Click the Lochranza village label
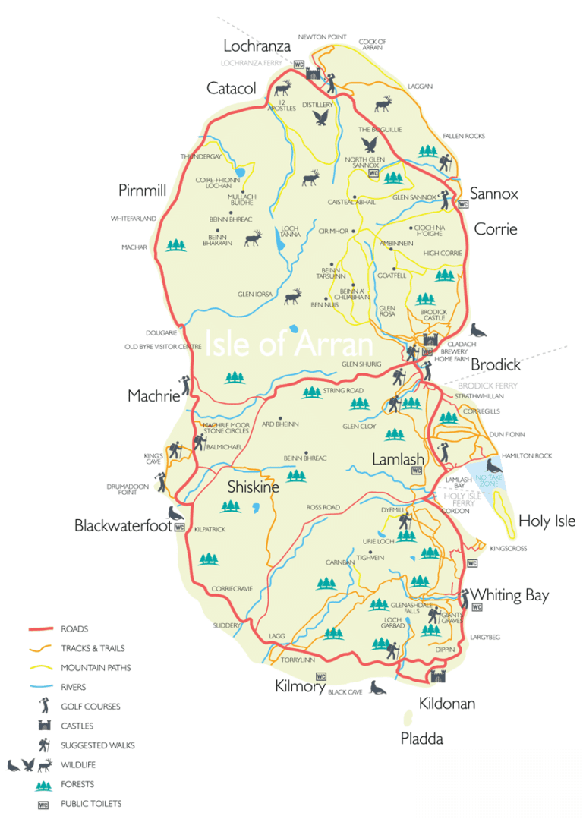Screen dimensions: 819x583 [x=257, y=46]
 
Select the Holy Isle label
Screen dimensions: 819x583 [x=547, y=521]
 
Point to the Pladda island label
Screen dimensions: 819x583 [x=421, y=738]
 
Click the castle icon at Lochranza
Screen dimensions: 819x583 [x=311, y=74]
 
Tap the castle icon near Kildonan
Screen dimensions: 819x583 [x=437, y=675]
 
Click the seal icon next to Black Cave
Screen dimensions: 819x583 [x=377, y=688]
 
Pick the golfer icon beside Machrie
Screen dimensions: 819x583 [x=184, y=385]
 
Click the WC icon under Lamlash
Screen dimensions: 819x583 [x=416, y=471]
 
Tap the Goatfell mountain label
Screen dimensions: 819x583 [x=392, y=276]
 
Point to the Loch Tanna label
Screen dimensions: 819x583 [x=290, y=232]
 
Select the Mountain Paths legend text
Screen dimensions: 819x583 [x=96, y=668]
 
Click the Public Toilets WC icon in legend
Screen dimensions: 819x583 [x=30, y=804]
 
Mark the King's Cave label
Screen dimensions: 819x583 [x=153, y=459]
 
